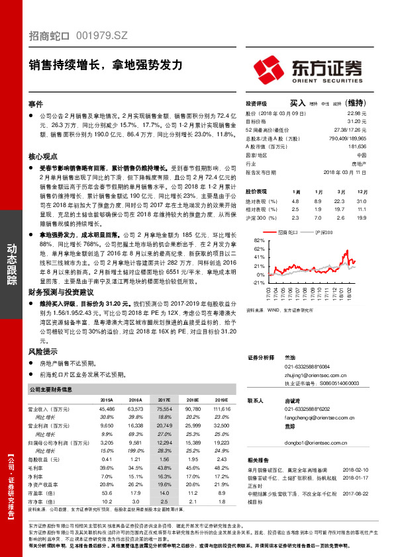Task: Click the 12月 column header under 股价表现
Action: (x=360, y=191)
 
